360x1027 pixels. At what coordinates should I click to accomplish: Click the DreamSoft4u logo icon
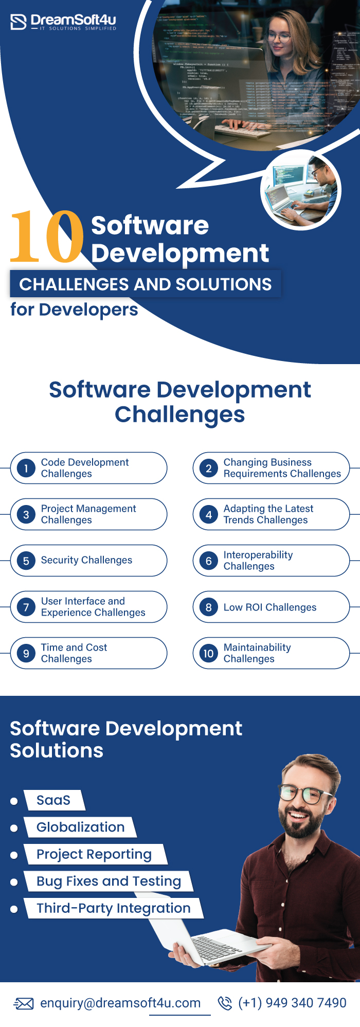pos(18,22)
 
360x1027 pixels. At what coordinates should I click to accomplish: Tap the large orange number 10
pos(47,237)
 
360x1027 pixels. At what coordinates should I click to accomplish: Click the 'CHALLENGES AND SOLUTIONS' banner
pos(146,284)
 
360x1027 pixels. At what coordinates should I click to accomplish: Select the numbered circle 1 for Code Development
pos(26,468)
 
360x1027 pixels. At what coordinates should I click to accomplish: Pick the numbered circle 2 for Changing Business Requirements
pos(209,468)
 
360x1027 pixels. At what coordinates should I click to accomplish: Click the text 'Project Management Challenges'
pos(88,514)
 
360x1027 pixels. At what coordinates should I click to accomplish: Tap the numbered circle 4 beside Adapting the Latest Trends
pos(209,514)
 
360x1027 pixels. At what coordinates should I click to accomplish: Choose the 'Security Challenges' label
pos(86,560)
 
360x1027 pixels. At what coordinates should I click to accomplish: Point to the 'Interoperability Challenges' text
pos(258,561)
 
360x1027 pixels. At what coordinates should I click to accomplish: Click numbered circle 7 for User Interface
pos(26,607)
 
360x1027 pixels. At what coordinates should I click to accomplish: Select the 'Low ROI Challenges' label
pos(269,607)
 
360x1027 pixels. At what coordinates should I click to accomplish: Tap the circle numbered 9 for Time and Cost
pos(26,653)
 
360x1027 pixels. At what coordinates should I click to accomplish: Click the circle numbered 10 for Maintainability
pos(209,653)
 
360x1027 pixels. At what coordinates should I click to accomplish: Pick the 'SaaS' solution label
pos(53,800)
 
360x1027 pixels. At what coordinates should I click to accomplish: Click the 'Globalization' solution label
pos(80,827)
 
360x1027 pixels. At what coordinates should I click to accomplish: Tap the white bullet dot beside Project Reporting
pos(14,855)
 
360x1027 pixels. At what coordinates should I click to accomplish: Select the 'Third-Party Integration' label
pos(113,908)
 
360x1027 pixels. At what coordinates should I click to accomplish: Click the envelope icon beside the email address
pos(24,1003)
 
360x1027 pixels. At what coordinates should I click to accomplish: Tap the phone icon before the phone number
pos(225,1003)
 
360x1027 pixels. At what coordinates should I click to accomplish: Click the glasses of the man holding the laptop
pos(305,794)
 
